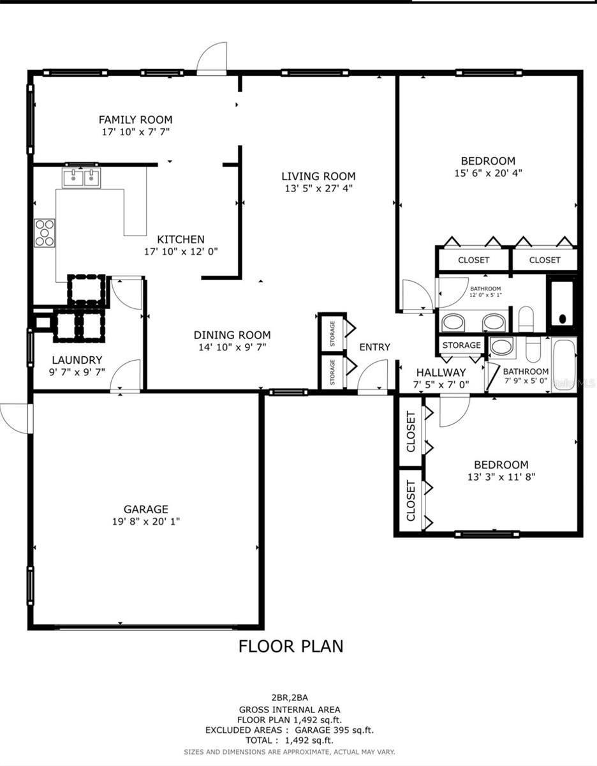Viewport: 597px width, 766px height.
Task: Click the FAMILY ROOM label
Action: click(135, 119)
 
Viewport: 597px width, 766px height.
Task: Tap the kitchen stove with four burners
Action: click(45, 232)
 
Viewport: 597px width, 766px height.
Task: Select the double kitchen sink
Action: click(82, 176)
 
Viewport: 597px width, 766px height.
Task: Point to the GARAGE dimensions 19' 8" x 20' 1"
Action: click(146, 522)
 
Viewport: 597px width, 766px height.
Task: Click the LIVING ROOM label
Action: click(319, 176)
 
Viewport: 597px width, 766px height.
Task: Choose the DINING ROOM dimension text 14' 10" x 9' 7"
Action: click(232, 347)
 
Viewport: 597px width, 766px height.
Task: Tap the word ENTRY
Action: click(374, 347)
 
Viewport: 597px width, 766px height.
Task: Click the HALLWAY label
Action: click(441, 373)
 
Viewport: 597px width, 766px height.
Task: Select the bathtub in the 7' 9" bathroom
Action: click(564, 364)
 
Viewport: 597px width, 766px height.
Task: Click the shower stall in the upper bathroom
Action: click(562, 304)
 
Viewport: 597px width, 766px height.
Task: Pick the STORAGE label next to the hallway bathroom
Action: click(462, 345)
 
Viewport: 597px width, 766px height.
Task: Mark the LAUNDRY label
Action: click(77, 360)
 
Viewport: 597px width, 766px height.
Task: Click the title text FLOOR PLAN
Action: click(291, 646)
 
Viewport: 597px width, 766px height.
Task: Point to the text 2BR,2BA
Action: click(290, 698)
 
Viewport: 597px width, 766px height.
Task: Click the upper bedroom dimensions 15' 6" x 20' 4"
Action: click(488, 172)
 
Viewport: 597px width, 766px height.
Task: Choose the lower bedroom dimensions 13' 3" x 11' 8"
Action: click(501, 476)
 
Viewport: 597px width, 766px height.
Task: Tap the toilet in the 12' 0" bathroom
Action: click(526, 319)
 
